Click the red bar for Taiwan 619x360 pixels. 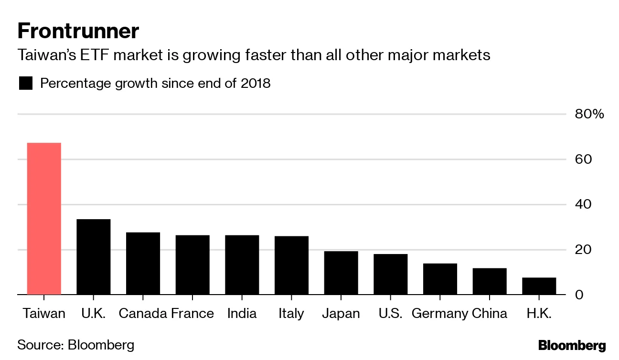coord(44,218)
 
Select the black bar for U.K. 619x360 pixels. coord(94,256)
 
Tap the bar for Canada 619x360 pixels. coord(143,263)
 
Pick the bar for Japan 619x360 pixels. coord(341,273)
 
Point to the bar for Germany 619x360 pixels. coord(440,279)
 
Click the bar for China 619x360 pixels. coord(490,281)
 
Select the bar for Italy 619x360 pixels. coord(291,265)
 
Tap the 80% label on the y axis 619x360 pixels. coord(589,114)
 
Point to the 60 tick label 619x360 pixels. coord(583,159)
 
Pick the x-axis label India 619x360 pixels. coord(242,314)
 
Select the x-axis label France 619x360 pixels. coord(192,314)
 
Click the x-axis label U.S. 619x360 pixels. coord(390,314)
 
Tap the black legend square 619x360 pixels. coord(25,84)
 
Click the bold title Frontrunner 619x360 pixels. coord(78,32)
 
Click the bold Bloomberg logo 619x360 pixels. coord(572,346)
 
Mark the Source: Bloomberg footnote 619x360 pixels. coord(76,345)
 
